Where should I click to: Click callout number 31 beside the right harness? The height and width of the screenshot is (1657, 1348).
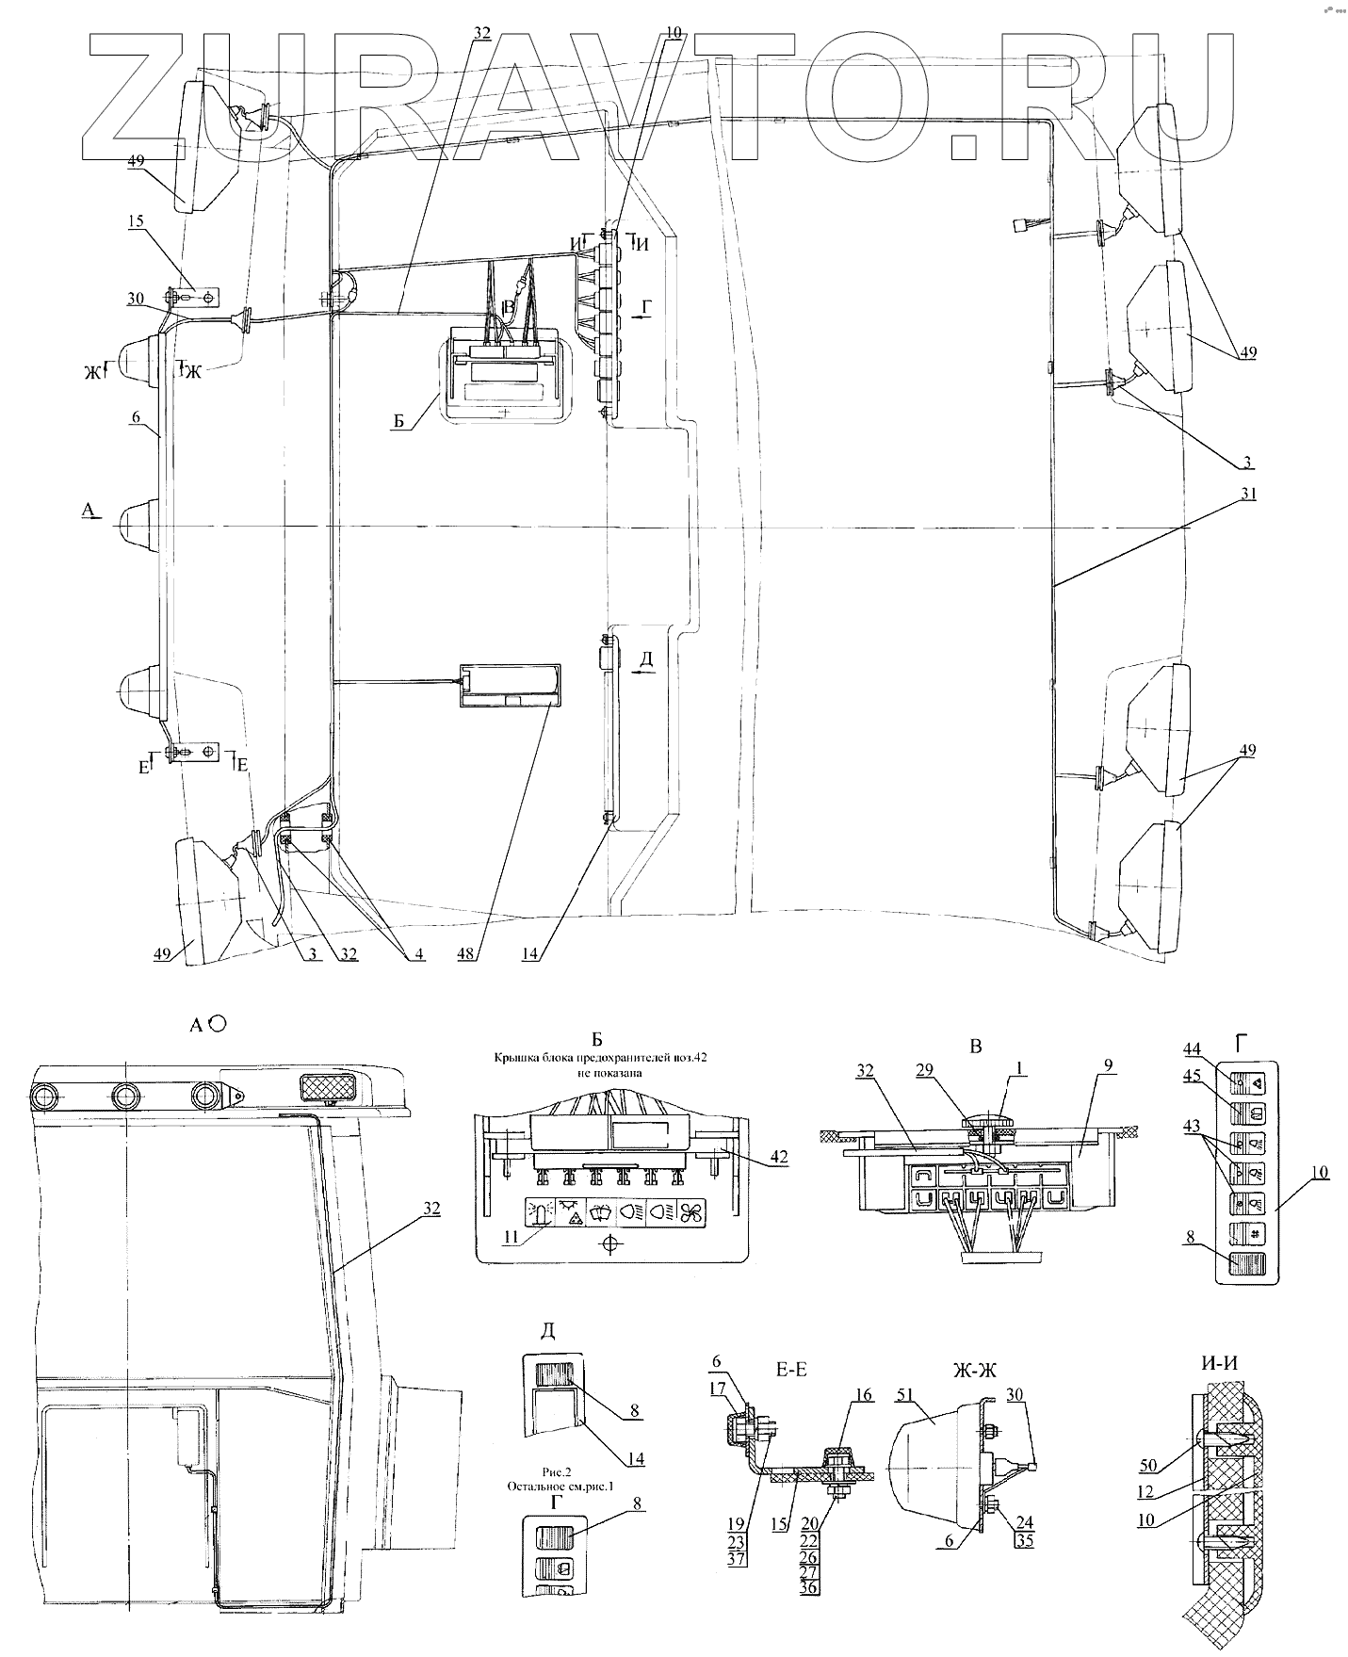[x=1248, y=494]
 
